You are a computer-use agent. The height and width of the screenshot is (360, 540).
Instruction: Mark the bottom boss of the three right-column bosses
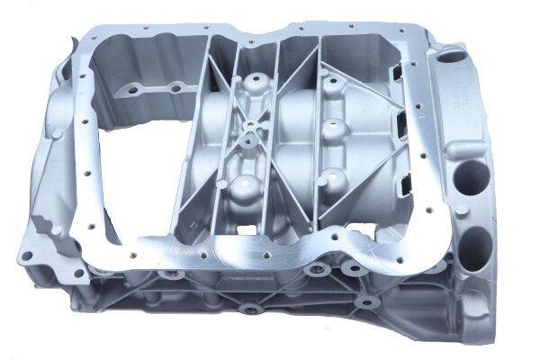point(336,176)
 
